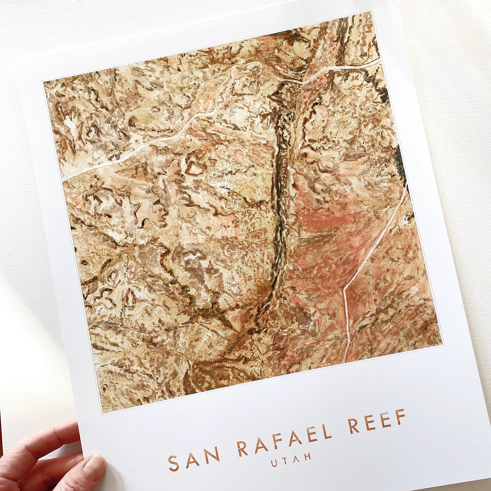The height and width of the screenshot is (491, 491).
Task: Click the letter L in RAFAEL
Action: tap(326, 431)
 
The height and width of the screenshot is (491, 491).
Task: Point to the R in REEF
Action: tap(353, 425)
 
